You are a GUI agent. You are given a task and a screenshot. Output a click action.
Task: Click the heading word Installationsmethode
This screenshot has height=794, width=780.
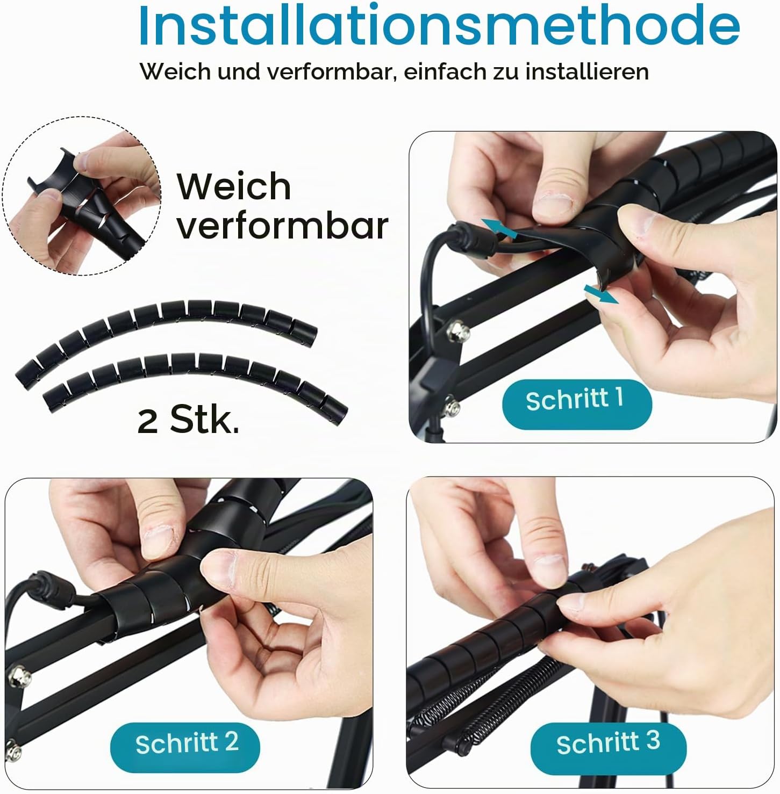click(439, 25)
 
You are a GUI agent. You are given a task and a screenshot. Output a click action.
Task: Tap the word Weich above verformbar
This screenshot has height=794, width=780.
click(234, 186)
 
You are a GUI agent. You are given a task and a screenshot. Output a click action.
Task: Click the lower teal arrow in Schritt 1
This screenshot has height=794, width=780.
click(600, 294)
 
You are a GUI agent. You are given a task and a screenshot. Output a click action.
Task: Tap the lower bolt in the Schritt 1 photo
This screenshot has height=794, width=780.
click(452, 406)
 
